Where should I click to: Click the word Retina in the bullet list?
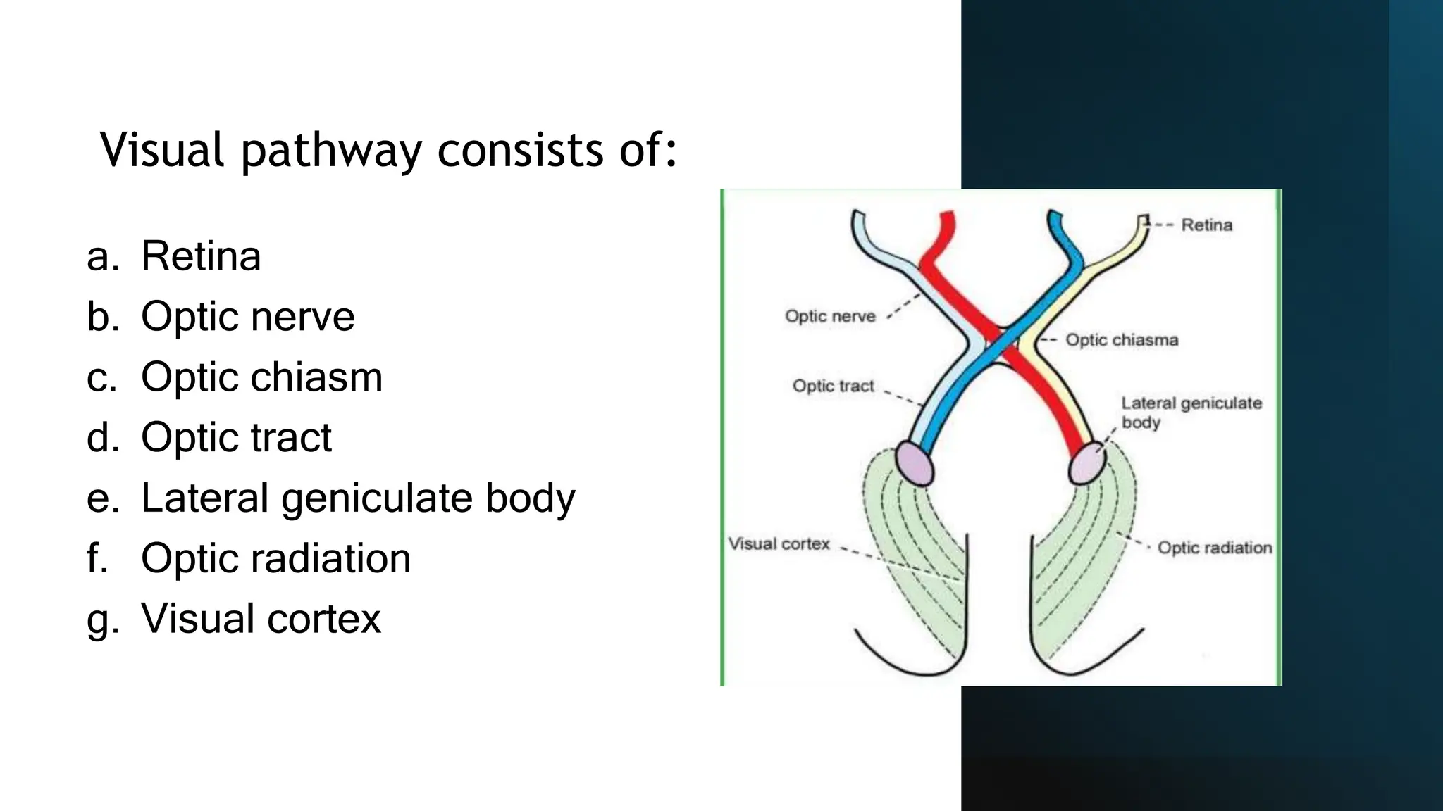[x=201, y=256]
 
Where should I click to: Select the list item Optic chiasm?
[x=261, y=377]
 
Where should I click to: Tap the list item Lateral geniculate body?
[x=358, y=498]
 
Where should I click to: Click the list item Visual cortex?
[x=261, y=619]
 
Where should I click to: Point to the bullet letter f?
[x=97, y=558]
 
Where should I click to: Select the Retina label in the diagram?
[x=1206, y=225]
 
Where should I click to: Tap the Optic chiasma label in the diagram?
[x=1121, y=340]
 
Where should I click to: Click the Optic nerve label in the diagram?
[x=830, y=316]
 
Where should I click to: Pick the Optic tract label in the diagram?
[x=833, y=386]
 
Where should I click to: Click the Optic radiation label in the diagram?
[x=1214, y=548]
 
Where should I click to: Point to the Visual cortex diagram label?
[x=779, y=543]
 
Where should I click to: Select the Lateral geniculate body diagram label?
[x=1191, y=413]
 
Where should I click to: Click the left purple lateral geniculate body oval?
[x=914, y=463]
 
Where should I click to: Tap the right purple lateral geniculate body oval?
[x=1086, y=463]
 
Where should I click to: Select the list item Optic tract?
[x=236, y=437]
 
